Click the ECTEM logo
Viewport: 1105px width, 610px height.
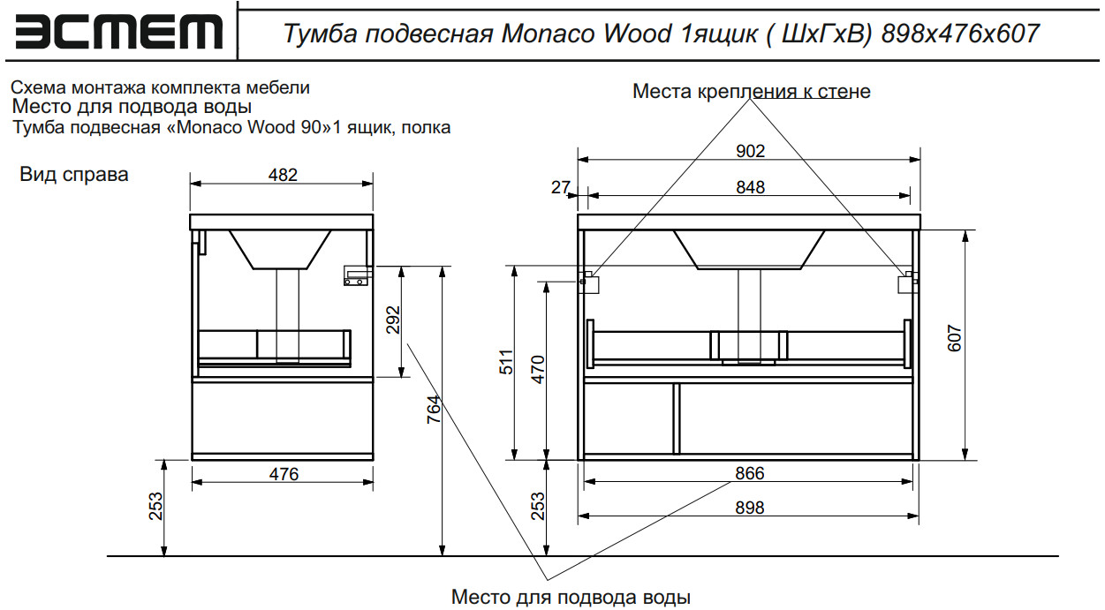point(119,32)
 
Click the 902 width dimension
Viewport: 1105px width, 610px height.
point(750,151)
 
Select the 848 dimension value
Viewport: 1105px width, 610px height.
point(750,186)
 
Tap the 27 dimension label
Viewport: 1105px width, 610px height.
point(560,186)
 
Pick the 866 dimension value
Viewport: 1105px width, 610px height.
point(749,473)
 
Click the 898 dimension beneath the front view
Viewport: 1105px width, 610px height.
point(749,508)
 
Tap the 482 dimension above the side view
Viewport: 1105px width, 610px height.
point(283,175)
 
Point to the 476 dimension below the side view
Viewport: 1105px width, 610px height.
point(284,474)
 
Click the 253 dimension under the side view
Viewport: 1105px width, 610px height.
point(155,508)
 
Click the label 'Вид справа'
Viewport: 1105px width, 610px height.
point(74,175)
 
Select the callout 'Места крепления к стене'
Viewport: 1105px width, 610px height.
point(751,92)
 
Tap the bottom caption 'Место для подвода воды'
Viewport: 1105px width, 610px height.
point(571,597)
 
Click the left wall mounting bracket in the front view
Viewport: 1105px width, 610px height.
point(589,282)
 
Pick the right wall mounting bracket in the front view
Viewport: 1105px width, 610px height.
point(907,282)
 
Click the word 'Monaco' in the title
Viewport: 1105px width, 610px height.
point(549,34)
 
